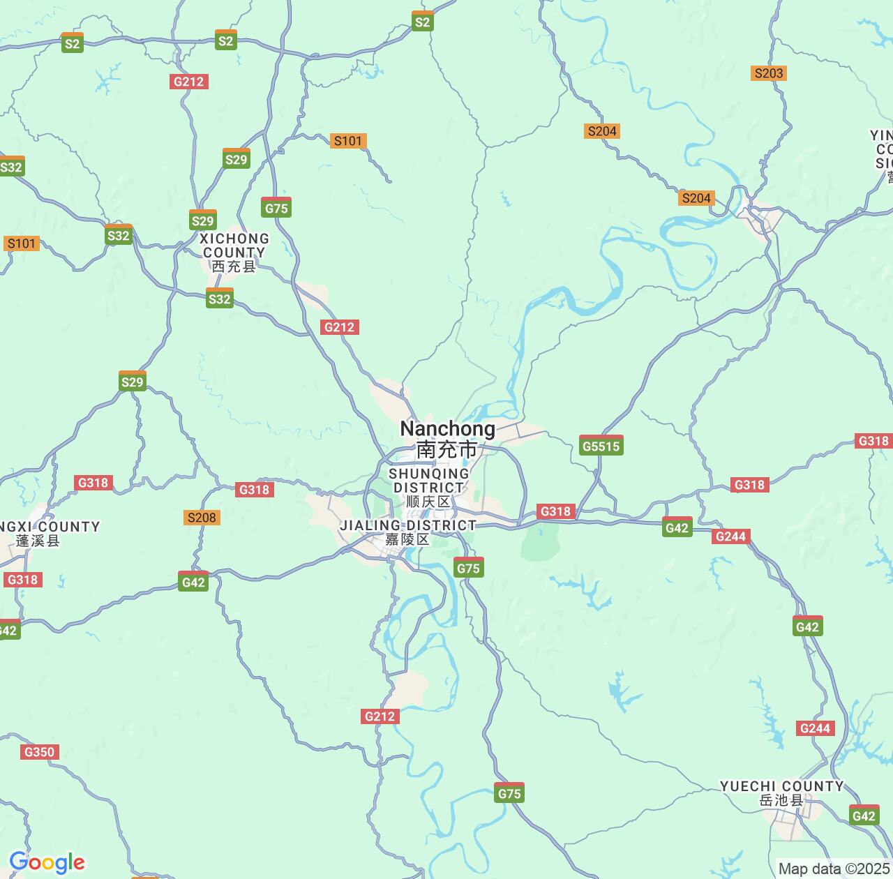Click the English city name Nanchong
click(x=447, y=428)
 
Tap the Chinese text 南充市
click(x=447, y=449)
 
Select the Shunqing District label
click(x=428, y=481)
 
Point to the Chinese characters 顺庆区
click(x=428, y=502)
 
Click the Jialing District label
click(x=407, y=525)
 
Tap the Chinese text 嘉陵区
click(x=407, y=539)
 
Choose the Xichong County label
click(x=234, y=246)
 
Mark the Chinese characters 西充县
click(x=234, y=266)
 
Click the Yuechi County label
click(x=782, y=786)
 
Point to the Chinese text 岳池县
click(x=782, y=800)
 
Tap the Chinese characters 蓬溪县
click(x=38, y=541)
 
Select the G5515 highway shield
click(x=601, y=446)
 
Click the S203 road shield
click(x=769, y=73)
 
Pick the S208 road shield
click(x=202, y=518)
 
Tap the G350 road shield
click(x=39, y=752)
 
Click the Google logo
click(x=47, y=862)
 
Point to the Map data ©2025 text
click(x=834, y=869)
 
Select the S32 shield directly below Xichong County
click(x=219, y=299)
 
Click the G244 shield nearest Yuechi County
click(x=815, y=728)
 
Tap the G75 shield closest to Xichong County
click(x=276, y=208)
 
